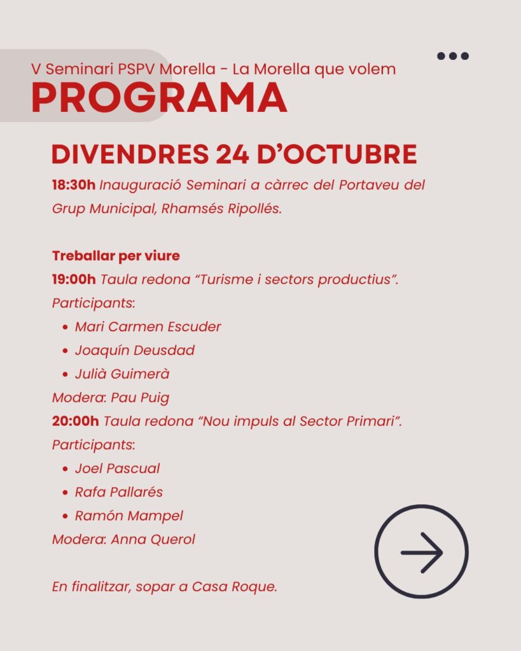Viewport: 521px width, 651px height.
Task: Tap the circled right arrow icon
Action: pyautogui.click(x=421, y=552)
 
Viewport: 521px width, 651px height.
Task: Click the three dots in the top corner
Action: pyautogui.click(x=453, y=56)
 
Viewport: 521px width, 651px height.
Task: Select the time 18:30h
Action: pyautogui.click(x=73, y=186)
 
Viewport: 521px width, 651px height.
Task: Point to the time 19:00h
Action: pyautogui.click(x=74, y=279)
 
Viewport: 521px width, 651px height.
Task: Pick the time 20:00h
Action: pyautogui.click(x=75, y=421)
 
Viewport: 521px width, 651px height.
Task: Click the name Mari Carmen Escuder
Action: pyautogui.click(x=148, y=327)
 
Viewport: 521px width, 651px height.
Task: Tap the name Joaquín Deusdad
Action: pyautogui.click(x=134, y=350)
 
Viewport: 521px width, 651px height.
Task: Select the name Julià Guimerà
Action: pyautogui.click(x=122, y=374)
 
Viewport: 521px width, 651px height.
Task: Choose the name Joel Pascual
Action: pyautogui.click(x=117, y=469)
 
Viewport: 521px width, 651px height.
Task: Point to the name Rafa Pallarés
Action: pyautogui.click(x=118, y=492)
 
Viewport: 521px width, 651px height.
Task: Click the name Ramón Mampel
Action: pyautogui.click(x=129, y=516)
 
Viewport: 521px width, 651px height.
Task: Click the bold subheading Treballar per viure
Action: pyautogui.click(x=116, y=256)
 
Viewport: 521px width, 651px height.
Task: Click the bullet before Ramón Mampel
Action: pyautogui.click(x=66, y=516)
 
